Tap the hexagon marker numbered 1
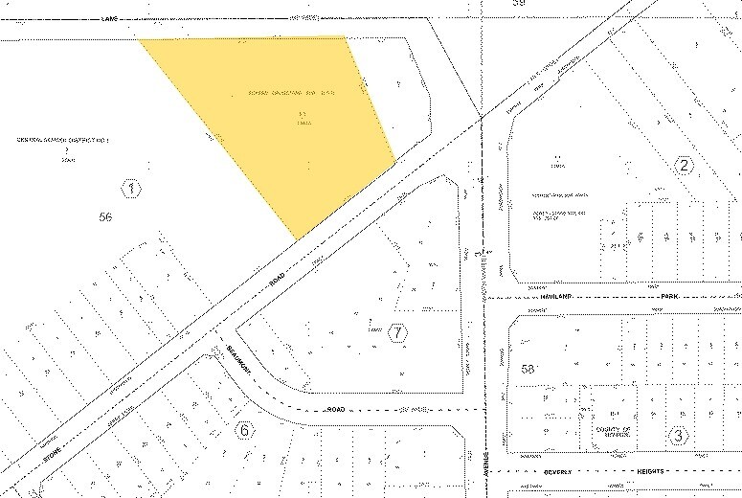[131, 188]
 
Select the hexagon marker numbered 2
[684, 165]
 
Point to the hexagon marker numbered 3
[678, 436]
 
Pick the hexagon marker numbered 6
[245, 430]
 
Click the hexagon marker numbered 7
[397, 333]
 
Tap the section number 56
[106, 217]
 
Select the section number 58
[528, 368]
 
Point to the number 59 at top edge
[520, 4]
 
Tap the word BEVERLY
[532, 471]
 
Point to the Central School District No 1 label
[64, 141]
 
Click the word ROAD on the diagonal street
[278, 278]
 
